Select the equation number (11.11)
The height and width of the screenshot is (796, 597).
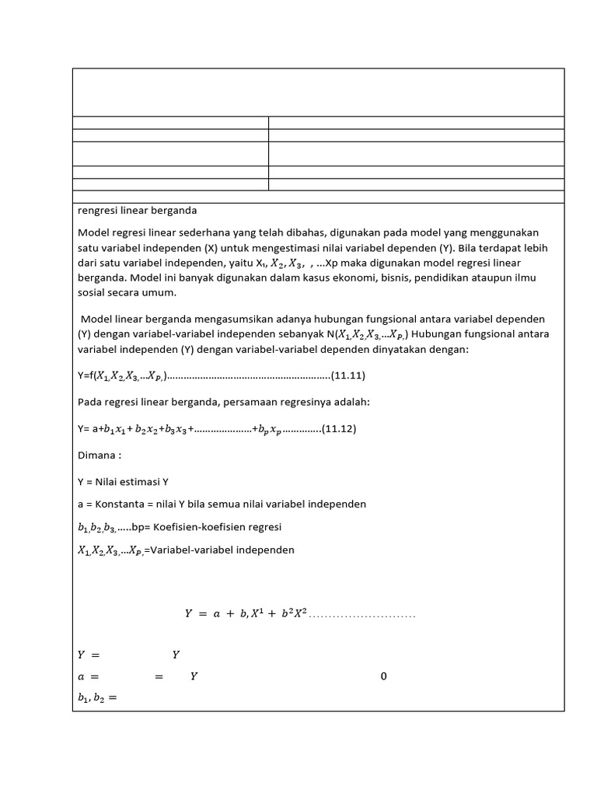tap(348, 376)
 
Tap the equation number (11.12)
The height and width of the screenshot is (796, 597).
tap(339, 428)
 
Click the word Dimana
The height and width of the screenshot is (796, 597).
tap(98, 454)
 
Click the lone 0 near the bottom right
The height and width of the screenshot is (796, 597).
tap(383, 676)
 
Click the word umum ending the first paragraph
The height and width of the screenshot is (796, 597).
tap(161, 292)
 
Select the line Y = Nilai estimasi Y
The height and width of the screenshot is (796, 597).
tap(124, 481)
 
